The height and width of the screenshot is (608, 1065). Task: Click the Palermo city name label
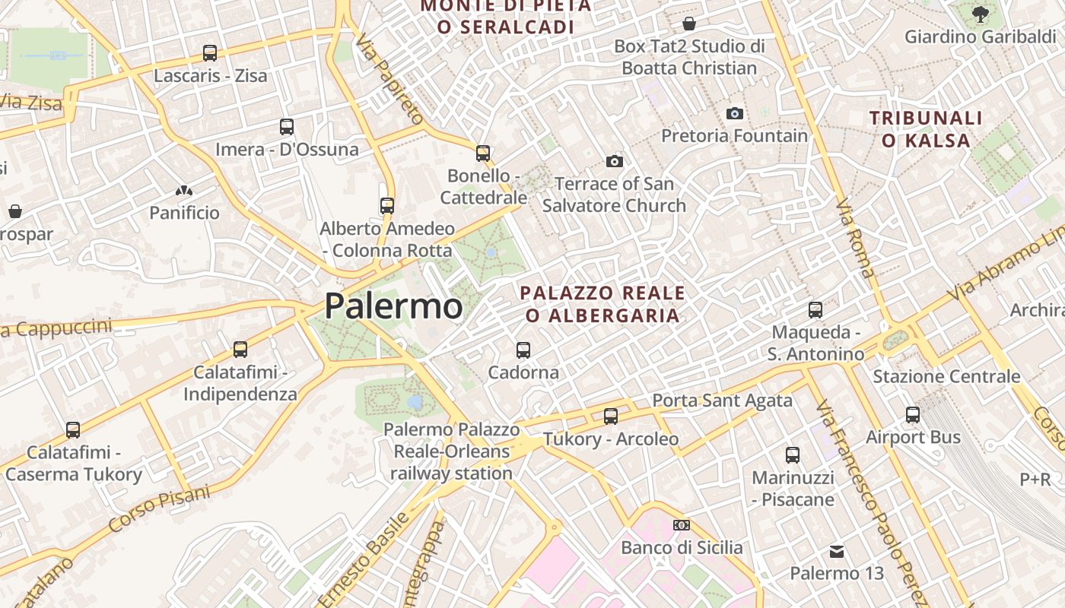[x=393, y=306]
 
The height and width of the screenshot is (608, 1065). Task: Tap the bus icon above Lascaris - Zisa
[x=210, y=53]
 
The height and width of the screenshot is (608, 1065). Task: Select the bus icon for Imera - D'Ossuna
[x=287, y=127]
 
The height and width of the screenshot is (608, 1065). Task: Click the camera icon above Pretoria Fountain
[x=734, y=113]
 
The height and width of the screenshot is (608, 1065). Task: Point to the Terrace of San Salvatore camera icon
[x=615, y=161]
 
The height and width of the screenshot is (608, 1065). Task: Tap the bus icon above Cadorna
[x=523, y=350]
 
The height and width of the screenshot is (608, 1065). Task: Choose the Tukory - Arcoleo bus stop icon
[x=611, y=416]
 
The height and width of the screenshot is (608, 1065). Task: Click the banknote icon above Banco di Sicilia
[x=682, y=525]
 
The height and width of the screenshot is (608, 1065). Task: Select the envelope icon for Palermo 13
[x=837, y=551]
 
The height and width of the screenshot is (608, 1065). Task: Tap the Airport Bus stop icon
[x=913, y=415]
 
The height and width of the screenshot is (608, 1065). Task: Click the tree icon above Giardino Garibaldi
[x=981, y=14]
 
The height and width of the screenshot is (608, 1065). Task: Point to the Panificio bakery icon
[x=183, y=191]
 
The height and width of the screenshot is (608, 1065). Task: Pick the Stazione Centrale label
[x=946, y=376]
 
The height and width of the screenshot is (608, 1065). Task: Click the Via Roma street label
[x=855, y=238]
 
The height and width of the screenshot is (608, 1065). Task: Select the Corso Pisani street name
[x=159, y=508]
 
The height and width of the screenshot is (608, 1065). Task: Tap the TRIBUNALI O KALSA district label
[x=926, y=129]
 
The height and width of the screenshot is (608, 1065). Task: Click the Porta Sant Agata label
[x=722, y=400]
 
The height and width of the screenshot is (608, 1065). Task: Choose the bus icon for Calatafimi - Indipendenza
[x=240, y=350]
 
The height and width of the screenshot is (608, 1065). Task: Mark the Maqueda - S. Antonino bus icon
[x=815, y=310]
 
